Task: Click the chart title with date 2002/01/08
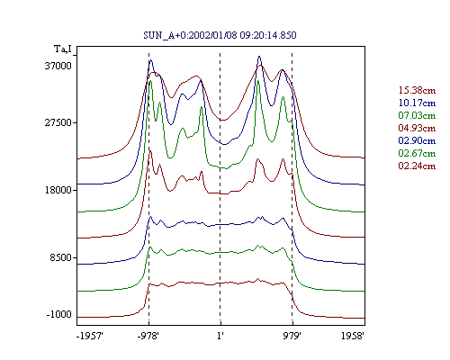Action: click(220, 35)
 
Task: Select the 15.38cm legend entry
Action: click(417, 90)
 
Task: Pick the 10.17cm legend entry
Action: click(417, 103)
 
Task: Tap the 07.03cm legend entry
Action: click(417, 115)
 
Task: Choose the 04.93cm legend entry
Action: click(417, 128)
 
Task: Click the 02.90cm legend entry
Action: click(417, 140)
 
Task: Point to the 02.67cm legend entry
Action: click(417, 153)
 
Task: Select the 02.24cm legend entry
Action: click(417, 166)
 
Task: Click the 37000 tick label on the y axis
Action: click(58, 66)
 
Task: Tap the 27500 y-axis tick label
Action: click(58, 122)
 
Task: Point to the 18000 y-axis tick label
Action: click(58, 190)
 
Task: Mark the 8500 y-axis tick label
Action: click(61, 257)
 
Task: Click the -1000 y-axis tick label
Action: click(58, 314)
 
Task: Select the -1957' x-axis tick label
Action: click(90, 336)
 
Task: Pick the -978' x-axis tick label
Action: click(148, 336)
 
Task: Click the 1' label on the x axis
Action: click(220, 336)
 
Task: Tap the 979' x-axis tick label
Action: click(292, 336)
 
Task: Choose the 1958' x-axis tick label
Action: click(353, 336)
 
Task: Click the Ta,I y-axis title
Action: click(63, 49)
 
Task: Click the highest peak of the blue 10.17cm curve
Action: click(259, 57)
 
